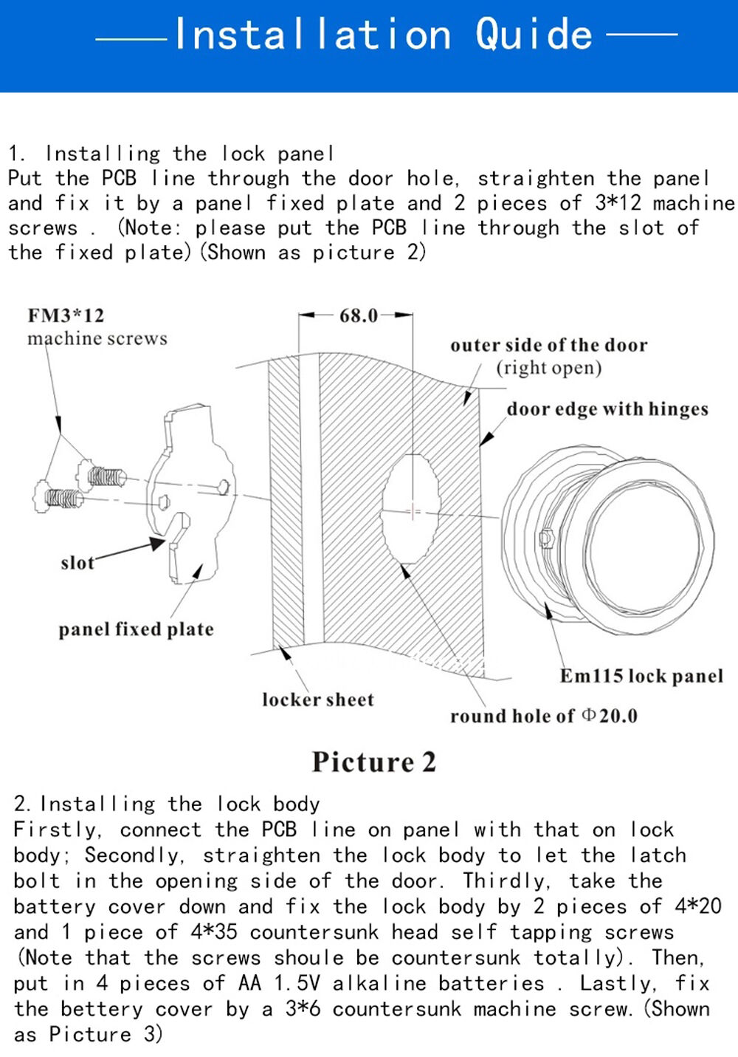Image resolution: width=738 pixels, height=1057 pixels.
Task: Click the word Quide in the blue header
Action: [x=534, y=34]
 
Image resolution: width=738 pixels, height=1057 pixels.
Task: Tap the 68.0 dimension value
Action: [x=358, y=316]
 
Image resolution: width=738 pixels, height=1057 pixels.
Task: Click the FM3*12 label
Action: [x=66, y=316]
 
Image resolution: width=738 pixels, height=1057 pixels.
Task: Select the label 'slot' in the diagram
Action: [x=77, y=563]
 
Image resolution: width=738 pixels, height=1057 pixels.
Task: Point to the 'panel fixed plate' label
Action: [x=136, y=629]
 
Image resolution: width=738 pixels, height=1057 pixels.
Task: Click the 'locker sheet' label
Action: [x=317, y=699]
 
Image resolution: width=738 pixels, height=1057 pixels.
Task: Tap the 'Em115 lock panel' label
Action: [x=641, y=676]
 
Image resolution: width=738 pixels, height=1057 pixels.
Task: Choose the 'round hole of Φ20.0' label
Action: [x=543, y=716]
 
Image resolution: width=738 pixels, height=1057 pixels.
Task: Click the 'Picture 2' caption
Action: [x=373, y=762]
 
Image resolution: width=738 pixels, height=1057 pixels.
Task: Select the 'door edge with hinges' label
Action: [x=607, y=409]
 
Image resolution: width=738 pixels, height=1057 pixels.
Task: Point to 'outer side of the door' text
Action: [x=548, y=345]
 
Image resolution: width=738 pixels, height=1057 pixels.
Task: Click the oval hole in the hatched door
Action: [x=411, y=510]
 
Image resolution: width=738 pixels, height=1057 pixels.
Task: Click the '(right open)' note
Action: [x=548, y=368]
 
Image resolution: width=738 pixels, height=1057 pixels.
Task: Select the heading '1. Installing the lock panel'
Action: [x=171, y=154]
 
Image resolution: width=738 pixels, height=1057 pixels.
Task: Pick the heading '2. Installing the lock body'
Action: [x=167, y=804]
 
